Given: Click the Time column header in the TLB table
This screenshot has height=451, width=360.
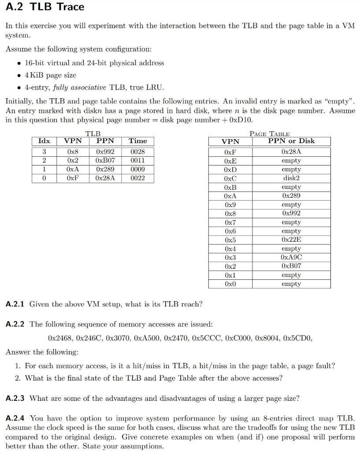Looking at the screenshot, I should pos(137,141).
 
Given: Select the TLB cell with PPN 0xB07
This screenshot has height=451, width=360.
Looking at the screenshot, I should pos(105,160).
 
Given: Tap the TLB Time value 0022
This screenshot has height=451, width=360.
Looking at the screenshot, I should pos(137,178).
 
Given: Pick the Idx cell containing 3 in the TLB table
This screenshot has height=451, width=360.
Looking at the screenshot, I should pos(44,152).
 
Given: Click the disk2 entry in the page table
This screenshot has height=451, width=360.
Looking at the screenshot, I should pos(291,178).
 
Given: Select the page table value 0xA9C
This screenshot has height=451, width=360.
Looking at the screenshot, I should pos(291,257).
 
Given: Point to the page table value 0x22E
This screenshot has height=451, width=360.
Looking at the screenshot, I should pos(291,240).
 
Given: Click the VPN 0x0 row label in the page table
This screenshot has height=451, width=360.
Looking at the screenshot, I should pos(230,284).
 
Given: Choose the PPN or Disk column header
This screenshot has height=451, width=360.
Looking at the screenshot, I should pos(291,141).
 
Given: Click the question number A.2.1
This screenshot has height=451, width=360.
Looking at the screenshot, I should pos(15,304).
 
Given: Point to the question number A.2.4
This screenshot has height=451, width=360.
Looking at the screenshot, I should pos(15,418).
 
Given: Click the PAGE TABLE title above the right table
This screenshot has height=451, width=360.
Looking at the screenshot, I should pos(269,133).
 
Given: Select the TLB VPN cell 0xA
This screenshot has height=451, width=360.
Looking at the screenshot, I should pos(73,169).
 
